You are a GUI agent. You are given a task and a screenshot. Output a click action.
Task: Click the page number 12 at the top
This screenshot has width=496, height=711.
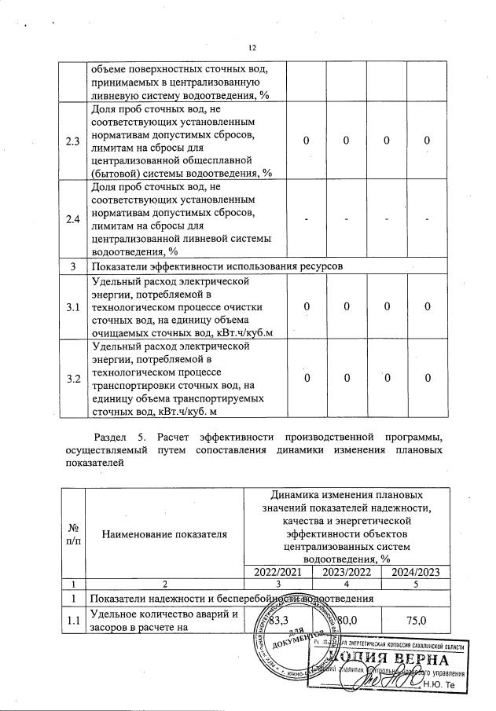(252, 49)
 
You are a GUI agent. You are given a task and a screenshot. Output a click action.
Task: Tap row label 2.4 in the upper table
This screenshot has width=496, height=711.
(73, 218)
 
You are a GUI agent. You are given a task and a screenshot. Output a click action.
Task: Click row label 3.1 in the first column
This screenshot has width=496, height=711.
(73, 306)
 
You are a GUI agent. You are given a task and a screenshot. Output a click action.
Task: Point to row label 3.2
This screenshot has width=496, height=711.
(73, 379)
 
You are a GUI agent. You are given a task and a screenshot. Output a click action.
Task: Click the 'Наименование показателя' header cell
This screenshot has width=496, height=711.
(164, 534)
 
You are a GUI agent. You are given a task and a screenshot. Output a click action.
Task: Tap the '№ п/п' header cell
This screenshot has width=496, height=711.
(73, 534)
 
